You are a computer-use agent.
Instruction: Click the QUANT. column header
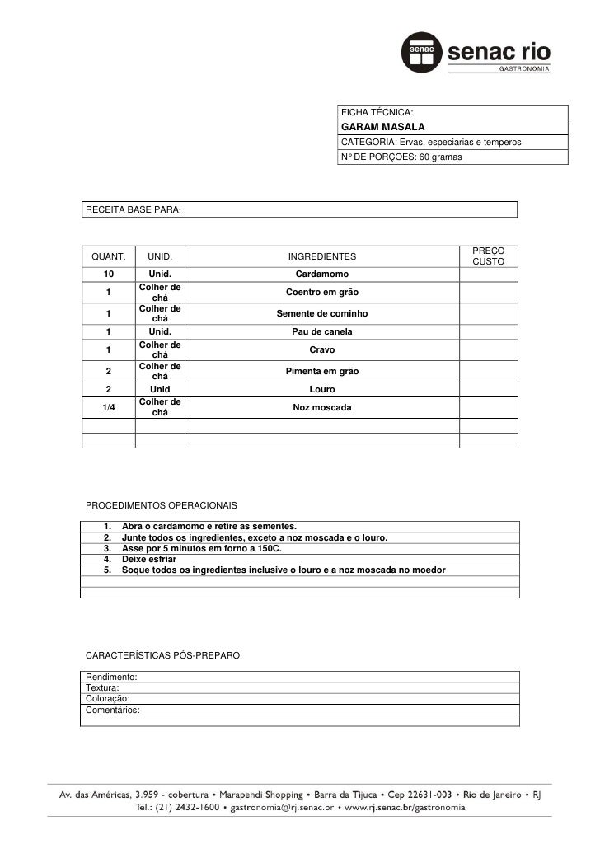[x=108, y=257]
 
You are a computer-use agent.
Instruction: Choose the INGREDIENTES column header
[x=321, y=257]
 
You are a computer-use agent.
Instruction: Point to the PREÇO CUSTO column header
[x=488, y=256]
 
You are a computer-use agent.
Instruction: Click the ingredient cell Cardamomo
[x=321, y=274]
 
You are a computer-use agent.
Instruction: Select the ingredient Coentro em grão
[x=321, y=293]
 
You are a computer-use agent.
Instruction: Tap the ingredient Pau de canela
[x=321, y=331]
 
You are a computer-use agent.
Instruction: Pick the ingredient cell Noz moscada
[x=321, y=408]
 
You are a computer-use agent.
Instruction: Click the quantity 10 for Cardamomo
[x=109, y=274]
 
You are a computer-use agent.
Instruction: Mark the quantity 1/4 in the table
[x=108, y=408]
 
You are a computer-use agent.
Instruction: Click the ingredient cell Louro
[x=321, y=389]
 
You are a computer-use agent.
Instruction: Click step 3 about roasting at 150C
[x=201, y=548]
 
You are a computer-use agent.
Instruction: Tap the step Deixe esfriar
[x=148, y=559]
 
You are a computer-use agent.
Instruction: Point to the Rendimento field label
[x=111, y=677]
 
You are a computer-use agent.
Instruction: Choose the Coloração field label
[x=107, y=698]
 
